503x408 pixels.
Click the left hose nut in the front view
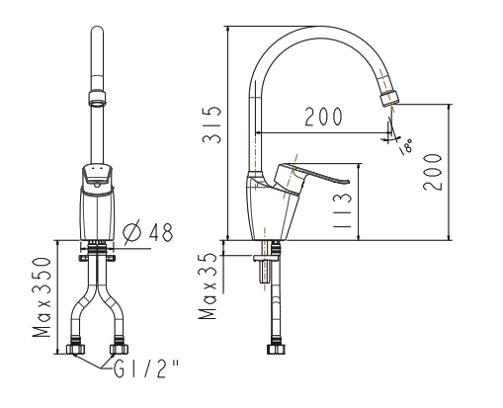pyautogui.click(x=75, y=349)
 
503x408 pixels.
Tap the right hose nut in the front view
pyautogui.click(x=119, y=349)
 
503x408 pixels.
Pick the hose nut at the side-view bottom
pyautogui.click(x=274, y=349)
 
